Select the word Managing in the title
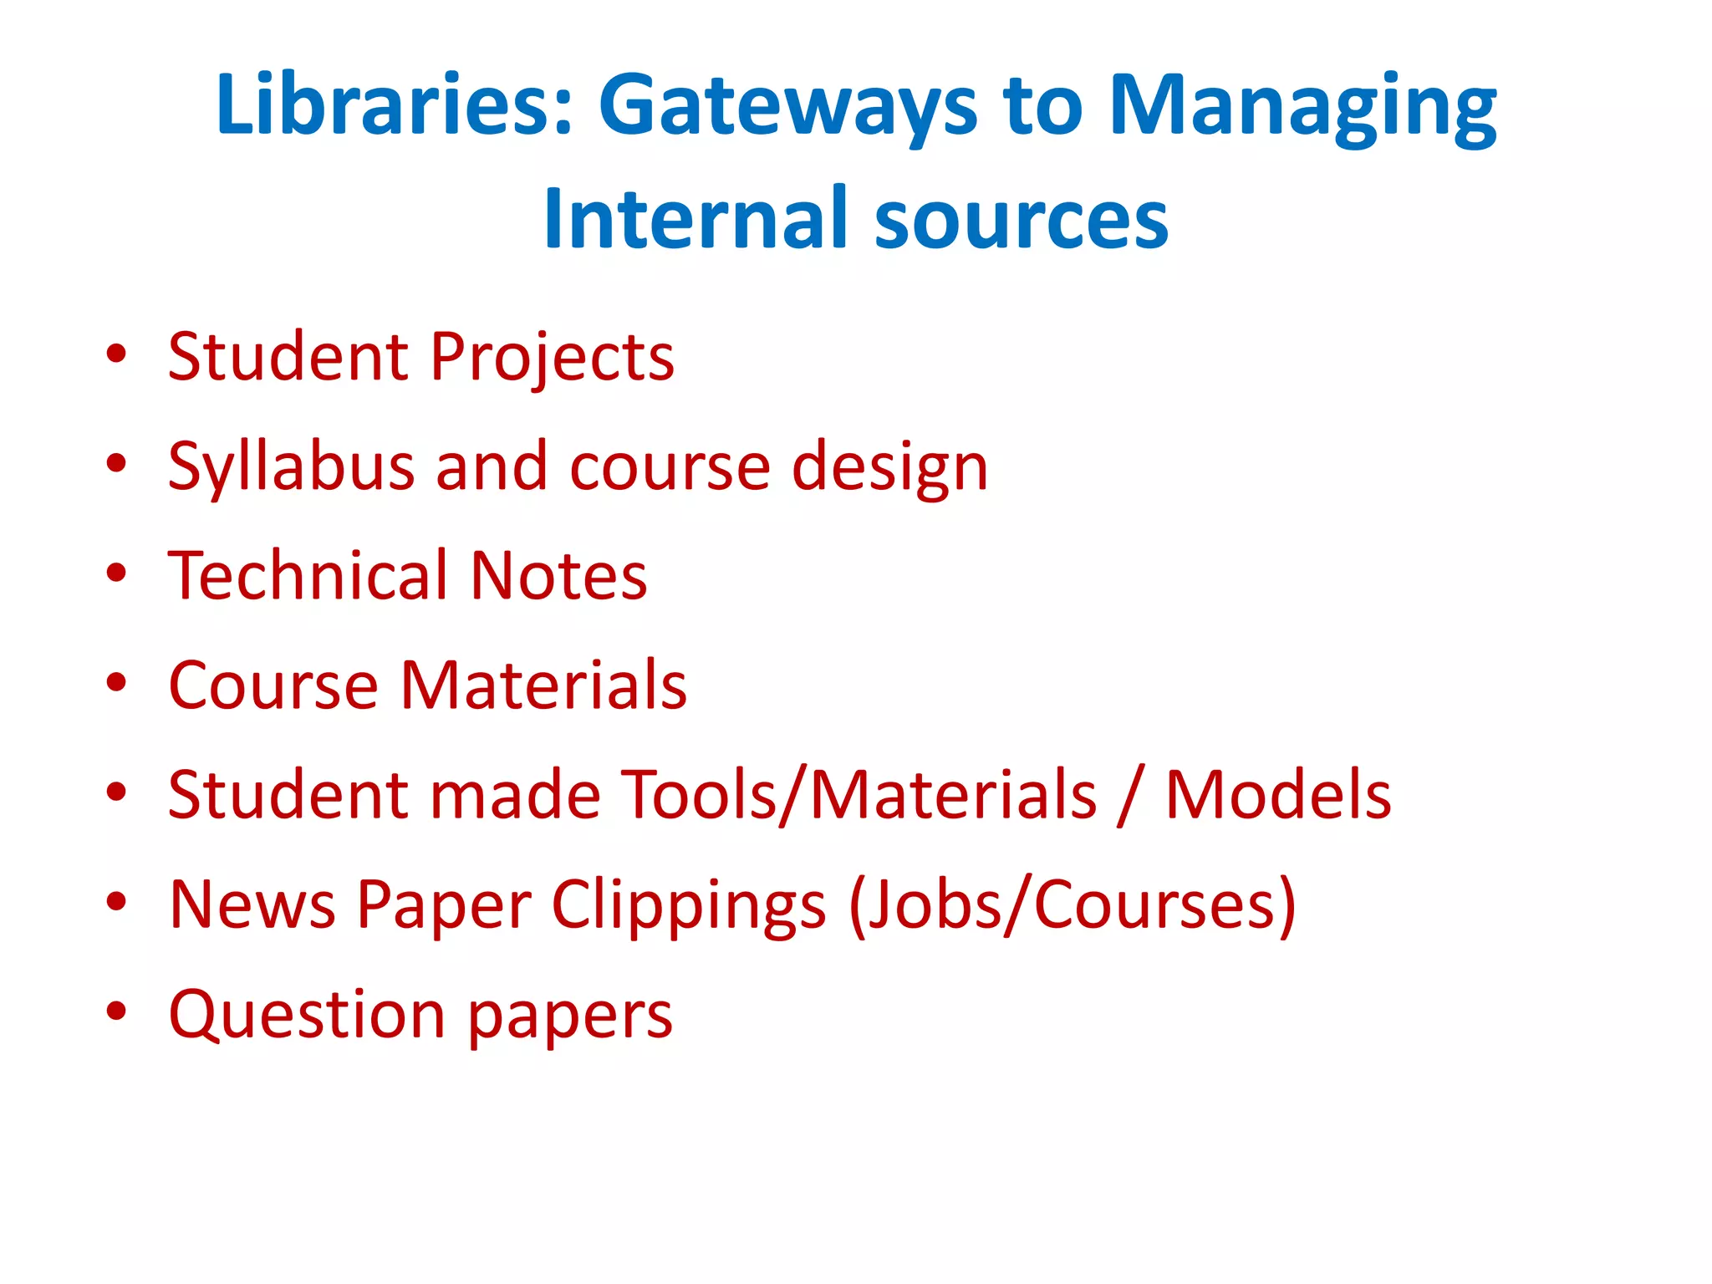[1302, 109]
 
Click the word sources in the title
[1021, 219]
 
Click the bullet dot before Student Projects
[116, 354]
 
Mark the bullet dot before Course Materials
[116, 682]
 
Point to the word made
[514, 794]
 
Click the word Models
[1278, 794]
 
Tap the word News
[252, 904]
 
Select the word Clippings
[689, 905]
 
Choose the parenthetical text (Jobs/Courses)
[1073, 905]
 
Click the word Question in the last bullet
[307, 1015]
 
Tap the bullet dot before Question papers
[116, 1011]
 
